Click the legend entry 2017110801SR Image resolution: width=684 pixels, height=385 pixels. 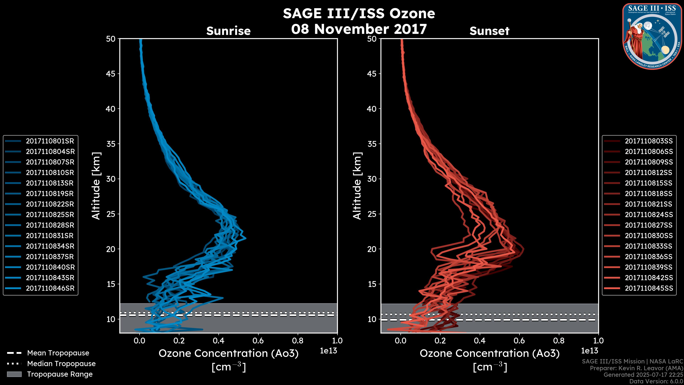pyautogui.click(x=50, y=141)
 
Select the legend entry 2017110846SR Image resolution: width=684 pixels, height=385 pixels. pyautogui.click(x=50, y=288)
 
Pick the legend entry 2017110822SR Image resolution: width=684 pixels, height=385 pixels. pyautogui.click(x=50, y=204)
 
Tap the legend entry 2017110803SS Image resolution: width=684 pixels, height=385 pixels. pyautogui.click(x=649, y=141)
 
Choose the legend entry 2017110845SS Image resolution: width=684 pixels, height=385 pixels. pyautogui.click(x=649, y=288)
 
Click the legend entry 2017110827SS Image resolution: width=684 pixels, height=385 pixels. pyautogui.click(x=649, y=225)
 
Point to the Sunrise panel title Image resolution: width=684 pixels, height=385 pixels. pyautogui.click(x=228, y=31)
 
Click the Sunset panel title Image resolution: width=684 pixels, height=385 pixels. pyautogui.click(x=489, y=31)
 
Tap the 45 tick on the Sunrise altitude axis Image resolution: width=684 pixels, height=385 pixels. pyautogui.click(x=111, y=74)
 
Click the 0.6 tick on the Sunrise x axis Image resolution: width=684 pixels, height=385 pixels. pyautogui.click(x=258, y=341)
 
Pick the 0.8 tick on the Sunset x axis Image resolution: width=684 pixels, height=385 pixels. pyautogui.click(x=559, y=341)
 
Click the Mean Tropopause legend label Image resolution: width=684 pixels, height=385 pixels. pyautogui.click(x=58, y=353)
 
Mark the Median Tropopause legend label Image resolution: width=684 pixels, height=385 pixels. pyautogui.click(x=61, y=364)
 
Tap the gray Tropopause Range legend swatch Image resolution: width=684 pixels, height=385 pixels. pyautogui.click(x=14, y=374)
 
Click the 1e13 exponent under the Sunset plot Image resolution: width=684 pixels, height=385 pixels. pyautogui.click(x=589, y=351)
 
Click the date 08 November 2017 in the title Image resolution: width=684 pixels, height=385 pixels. pyautogui.click(x=359, y=29)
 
